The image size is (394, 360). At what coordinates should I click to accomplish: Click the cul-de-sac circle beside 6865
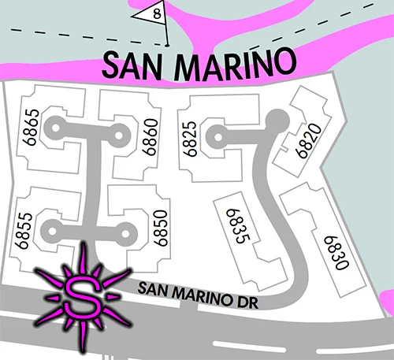[x=54, y=125]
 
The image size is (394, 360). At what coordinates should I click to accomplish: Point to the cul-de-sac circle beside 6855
[x=52, y=232]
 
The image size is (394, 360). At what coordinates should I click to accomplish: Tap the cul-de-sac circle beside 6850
[x=126, y=232]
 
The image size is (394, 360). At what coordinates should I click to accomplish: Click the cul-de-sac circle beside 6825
[x=213, y=135]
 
